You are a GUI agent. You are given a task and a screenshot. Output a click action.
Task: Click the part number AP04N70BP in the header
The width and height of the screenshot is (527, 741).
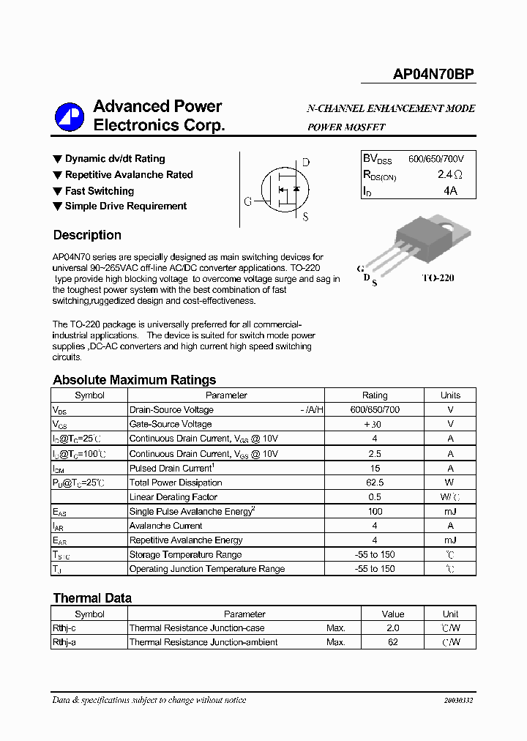(x=433, y=74)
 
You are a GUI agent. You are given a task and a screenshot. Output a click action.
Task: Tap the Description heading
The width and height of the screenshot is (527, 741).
(x=87, y=235)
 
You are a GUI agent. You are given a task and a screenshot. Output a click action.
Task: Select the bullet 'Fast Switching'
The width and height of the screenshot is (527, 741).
(x=99, y=190)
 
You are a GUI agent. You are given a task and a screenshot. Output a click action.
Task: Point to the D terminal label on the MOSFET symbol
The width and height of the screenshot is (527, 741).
(x=306, y=163)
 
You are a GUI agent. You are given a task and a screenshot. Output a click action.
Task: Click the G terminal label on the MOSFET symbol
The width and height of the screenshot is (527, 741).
(x=248, y=201)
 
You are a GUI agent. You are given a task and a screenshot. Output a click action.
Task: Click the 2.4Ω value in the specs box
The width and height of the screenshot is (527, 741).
(x=449, y=175)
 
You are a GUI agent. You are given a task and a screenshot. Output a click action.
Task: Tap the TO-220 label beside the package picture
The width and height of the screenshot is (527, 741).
(x=438, y=278)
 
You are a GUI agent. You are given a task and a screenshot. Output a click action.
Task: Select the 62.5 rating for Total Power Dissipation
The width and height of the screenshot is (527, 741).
(x=375, y=483)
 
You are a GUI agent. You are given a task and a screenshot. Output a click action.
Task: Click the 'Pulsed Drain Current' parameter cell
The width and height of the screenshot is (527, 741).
(x=171, y=468)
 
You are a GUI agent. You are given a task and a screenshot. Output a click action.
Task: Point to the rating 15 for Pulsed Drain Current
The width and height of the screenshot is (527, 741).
(x=375, y=468)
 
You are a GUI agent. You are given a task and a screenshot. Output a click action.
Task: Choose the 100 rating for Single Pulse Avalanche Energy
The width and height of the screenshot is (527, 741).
(x=375, y=511)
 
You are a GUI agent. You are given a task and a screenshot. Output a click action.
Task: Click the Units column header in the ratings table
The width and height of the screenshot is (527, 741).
(x=450, y=395)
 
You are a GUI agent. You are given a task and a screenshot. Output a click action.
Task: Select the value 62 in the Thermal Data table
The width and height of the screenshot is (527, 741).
(x=393, y=642)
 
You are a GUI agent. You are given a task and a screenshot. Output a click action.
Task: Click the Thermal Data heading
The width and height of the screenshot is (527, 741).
(x=92, y=598)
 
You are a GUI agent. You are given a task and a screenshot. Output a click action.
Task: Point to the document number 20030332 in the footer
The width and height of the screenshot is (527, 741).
(x=458, y=701)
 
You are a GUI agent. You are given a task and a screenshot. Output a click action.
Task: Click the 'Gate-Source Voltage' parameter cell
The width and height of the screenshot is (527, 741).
(x=171, y=424)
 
